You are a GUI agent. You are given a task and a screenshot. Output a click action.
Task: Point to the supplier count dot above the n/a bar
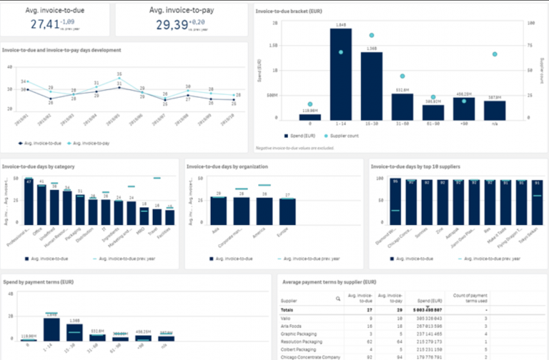(x=495, y=54)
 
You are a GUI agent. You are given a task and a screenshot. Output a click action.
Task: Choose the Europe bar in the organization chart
(x=287, y=212)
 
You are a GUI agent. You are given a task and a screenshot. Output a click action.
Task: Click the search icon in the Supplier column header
(x=338, y=301)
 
